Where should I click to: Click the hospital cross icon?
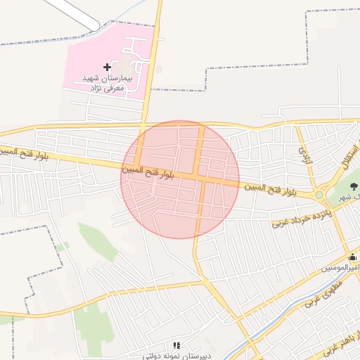click(107, 67)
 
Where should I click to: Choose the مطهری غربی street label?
click(323, 294)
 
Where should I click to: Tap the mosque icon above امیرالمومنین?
click(352, 257)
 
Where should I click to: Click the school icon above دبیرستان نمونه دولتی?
click(176, 346)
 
